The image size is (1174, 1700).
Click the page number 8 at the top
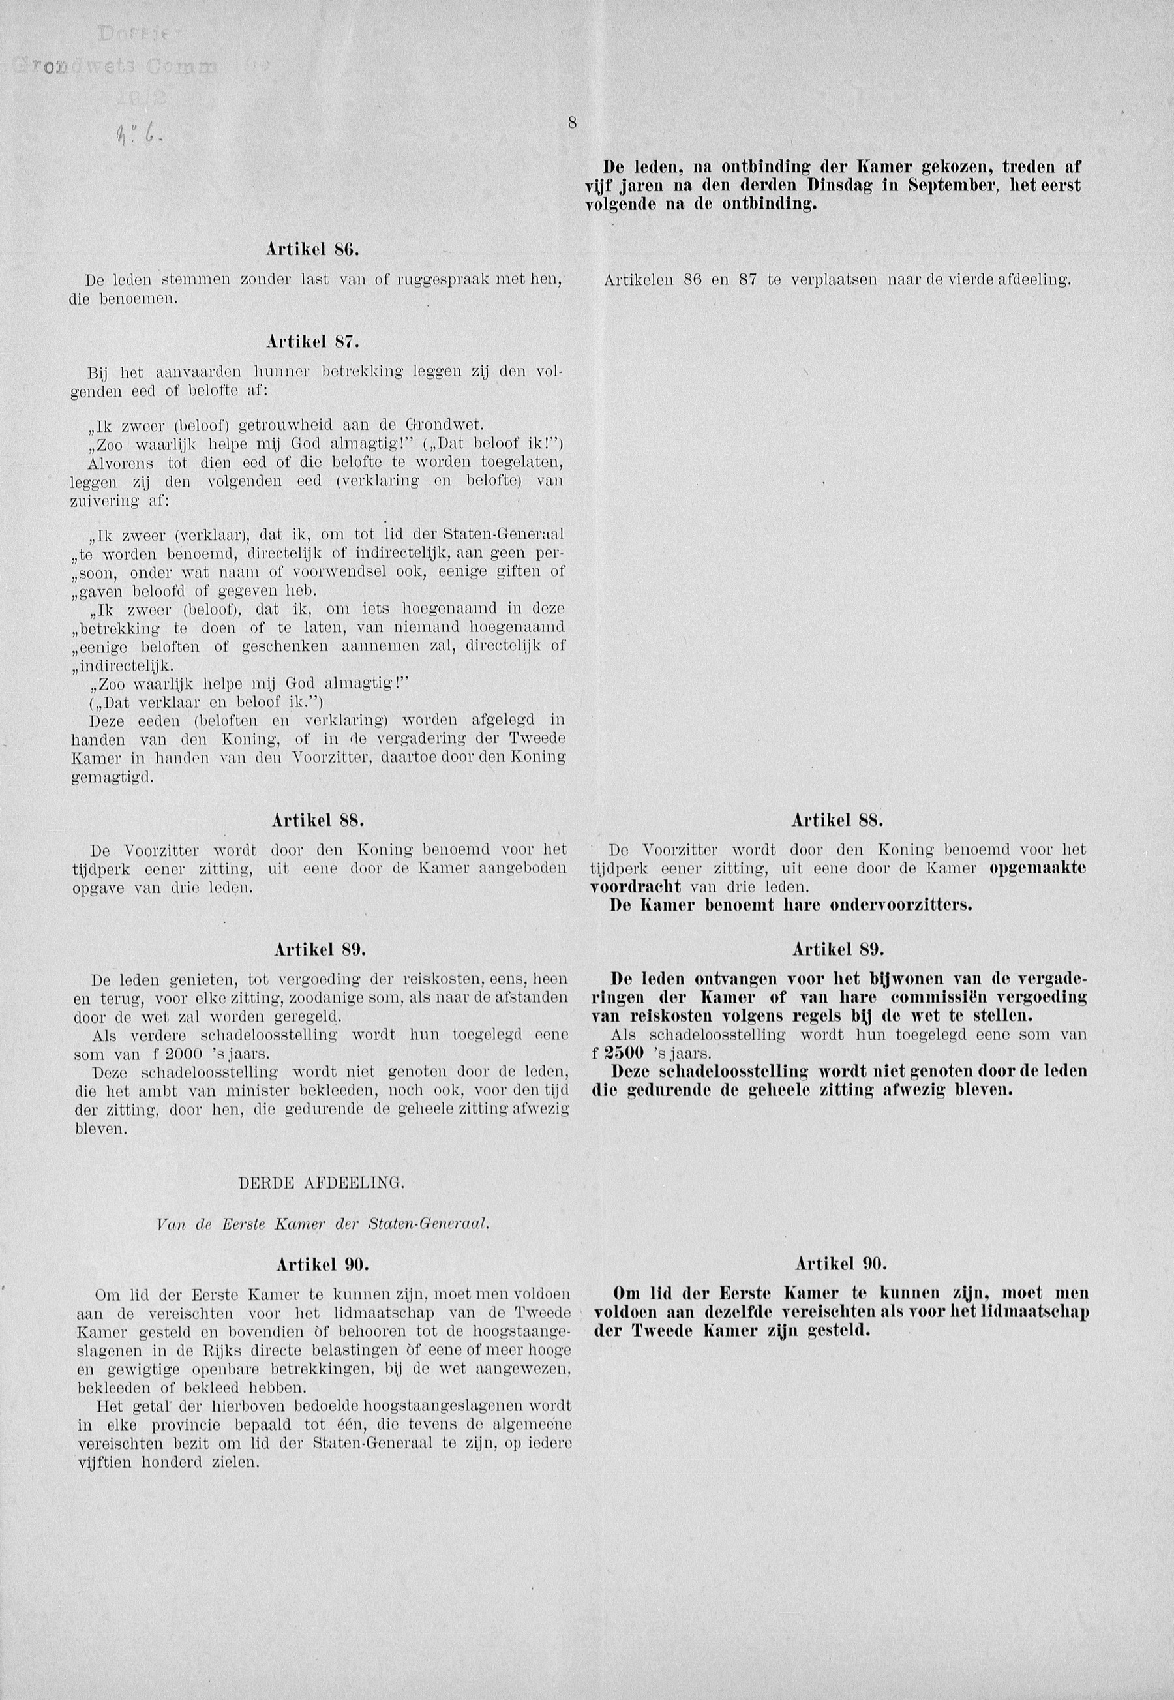(x=571, y=123)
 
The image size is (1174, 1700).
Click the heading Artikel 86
(x=312, y=249)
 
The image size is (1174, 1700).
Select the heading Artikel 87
(x=312, y=341)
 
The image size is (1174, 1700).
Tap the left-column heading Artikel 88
(x=318, y=820)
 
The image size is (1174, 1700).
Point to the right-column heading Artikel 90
(x=841, y=1264)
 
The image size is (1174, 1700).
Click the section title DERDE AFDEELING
(x=322, y=1183)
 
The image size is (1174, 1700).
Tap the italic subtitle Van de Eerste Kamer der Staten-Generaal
(x=323, y=1224)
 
